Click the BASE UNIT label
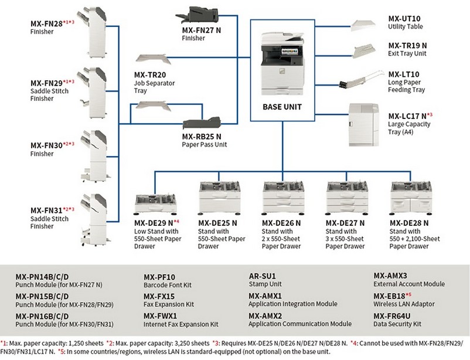(283, 108)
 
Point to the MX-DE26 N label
(281, 223)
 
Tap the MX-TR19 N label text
(407, 45)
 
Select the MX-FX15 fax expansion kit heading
(159, 296)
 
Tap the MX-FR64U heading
(393, 315)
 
